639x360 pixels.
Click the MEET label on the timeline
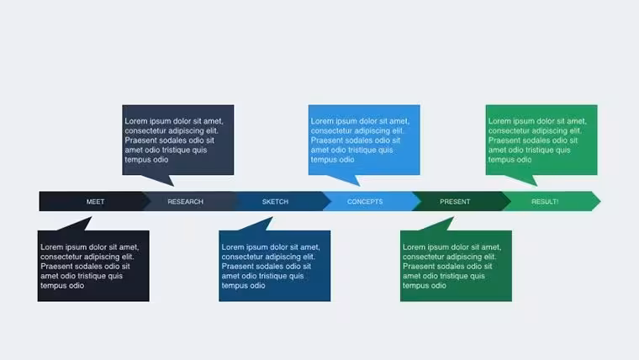click(x=95, y=201)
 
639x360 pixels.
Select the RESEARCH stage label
click(x=185, y=201)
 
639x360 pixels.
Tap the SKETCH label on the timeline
click(x=275, y=201)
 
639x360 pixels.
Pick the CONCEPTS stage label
click(x=365, y=201)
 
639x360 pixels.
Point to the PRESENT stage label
click(x=455, y=201)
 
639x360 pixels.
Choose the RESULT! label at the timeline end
click(x=545, y=201)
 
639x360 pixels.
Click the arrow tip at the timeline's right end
click(x=600, y=201)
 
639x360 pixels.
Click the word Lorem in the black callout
click(x=51, y=247)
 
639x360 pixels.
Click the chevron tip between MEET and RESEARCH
click(x=151, y=201)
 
